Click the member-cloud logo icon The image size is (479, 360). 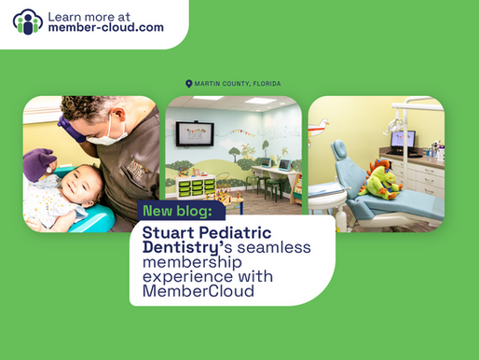(x=29, y=22)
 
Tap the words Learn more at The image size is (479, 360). (x=91, y=15)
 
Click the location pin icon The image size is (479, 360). (x=188, y=84)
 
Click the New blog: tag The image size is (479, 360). (x=177, y=210)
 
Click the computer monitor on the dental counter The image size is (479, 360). (x=403, y=140)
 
